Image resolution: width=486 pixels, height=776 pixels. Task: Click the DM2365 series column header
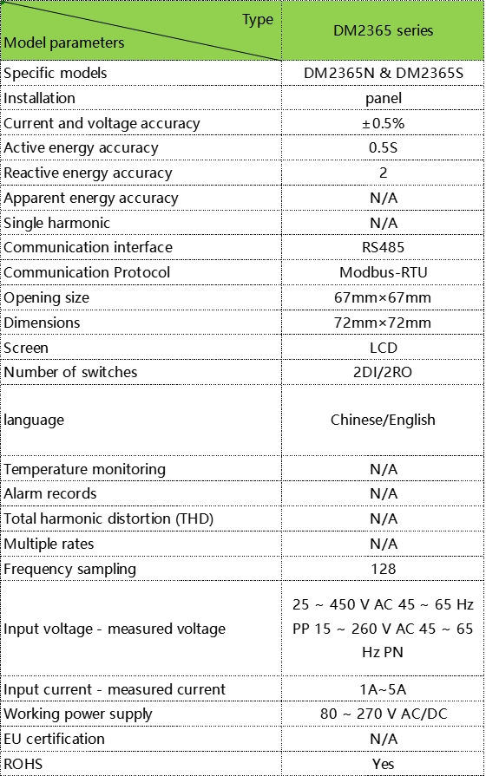click(x=383, y=31)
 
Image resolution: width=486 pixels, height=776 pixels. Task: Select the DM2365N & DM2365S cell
click(x=383, y=74)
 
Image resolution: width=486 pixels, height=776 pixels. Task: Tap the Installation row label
click(x=40, y=98)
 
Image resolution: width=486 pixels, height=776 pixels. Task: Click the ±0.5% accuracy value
click(x=383, y=123)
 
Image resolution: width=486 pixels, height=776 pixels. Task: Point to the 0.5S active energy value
click(x=383, y=148)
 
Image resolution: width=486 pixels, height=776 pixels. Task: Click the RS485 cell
click(x=383, y=247)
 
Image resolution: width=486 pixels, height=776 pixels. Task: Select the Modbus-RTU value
click(x=383, y=272)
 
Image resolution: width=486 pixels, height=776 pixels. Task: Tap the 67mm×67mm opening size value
click(x=383, y=297)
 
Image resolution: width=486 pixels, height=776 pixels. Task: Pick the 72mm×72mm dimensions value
click(x=383, y=323)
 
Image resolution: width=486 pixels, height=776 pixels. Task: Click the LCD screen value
click(x=383, y=348)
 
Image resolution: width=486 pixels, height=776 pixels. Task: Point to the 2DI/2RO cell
click(x=383, y=372)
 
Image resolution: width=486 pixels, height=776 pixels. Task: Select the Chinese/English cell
click(x=383, y=420)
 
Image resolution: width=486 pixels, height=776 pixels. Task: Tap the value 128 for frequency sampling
click(x=383, y=569)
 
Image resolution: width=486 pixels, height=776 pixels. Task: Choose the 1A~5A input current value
click(x=383, y=689)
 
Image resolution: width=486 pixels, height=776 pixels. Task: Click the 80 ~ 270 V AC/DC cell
click(x=383, y=714)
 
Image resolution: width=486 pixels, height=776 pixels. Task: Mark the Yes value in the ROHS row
click(x=383, y=764)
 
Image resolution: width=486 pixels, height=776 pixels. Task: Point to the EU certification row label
click(x=55, y=739)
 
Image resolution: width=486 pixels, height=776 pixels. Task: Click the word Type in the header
click(x=257, y=20)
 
